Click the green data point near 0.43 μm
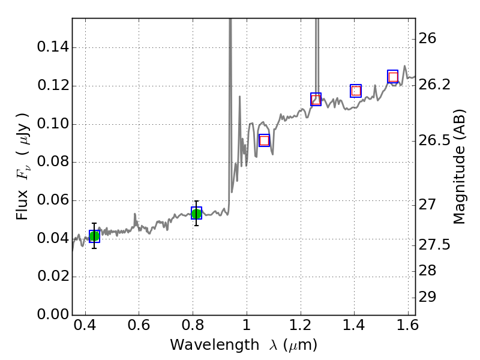(94, 236)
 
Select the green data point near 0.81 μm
(196, 213)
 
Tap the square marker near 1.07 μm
(264, 140)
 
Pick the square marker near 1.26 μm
(316, 100)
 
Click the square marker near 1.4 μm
(356, 91)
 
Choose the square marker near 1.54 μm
(393, 77)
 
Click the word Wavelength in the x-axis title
(203, 345)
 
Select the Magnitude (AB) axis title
(460, 167)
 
